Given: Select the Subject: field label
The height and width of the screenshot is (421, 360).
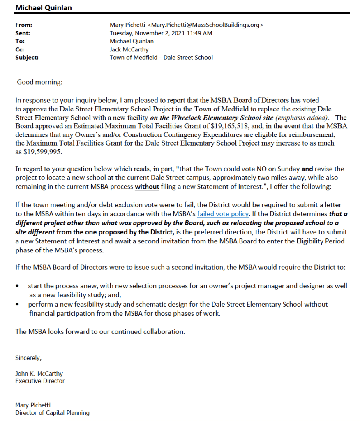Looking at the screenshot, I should pyautogui.click(x=27, y=58).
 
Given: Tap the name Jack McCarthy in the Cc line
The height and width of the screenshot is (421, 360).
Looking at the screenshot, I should pyautogui.click(x=129, y=49).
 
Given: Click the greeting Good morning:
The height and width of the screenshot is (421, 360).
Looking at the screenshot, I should pyautogui.click(x=39, y=82).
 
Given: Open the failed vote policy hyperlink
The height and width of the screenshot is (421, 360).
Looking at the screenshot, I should pyautogui.click(x=223, y=213).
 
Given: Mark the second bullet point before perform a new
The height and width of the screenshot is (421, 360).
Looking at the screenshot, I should pyautogui.click(x=17, y=305).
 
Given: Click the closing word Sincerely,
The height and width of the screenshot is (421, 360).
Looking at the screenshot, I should pyautogui.click(x=28, y=358).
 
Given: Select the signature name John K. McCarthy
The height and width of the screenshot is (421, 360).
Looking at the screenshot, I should pyautogui.click(x=39, y=374).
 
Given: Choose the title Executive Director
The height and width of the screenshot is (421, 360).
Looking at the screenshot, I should pyautogui.click(x=40, y=381).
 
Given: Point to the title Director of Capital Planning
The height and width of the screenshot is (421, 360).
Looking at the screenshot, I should pyautogui.click(x=52, y=412).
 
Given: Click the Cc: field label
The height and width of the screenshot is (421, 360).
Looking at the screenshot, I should pyautogui.click(x=20, y=49).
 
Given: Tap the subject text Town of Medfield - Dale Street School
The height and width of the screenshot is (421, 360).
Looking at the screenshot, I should pyautogui.click(x=161, y=58).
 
